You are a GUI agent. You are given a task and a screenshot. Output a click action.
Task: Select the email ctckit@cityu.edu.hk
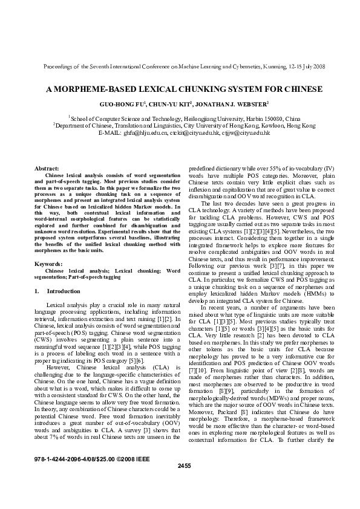(196, 132)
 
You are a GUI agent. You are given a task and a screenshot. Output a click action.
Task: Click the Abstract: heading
(47, 167)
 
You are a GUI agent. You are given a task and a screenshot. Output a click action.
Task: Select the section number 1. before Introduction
(37, 291)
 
